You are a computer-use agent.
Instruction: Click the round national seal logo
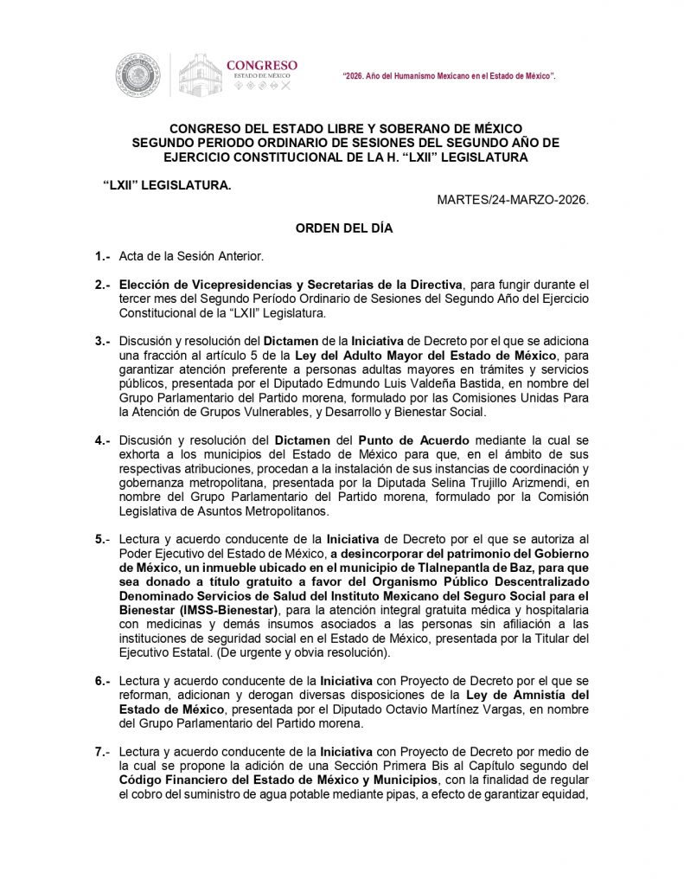tap(137, 74)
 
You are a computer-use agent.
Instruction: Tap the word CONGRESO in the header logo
tap(261, 65)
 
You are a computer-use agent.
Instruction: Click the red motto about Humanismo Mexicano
tap(450, 77)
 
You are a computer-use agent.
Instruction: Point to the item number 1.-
tap(104, 257)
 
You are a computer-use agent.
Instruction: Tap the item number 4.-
tap(104, 440)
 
